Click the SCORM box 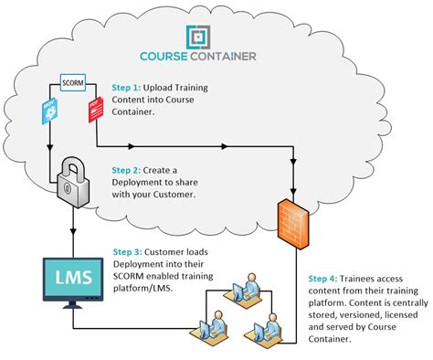pyautogui.click(x=72, y=83)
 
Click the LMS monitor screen pyautogui.click(x=71, y=278)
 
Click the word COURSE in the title pyautogui.click(x=165, y=56)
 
